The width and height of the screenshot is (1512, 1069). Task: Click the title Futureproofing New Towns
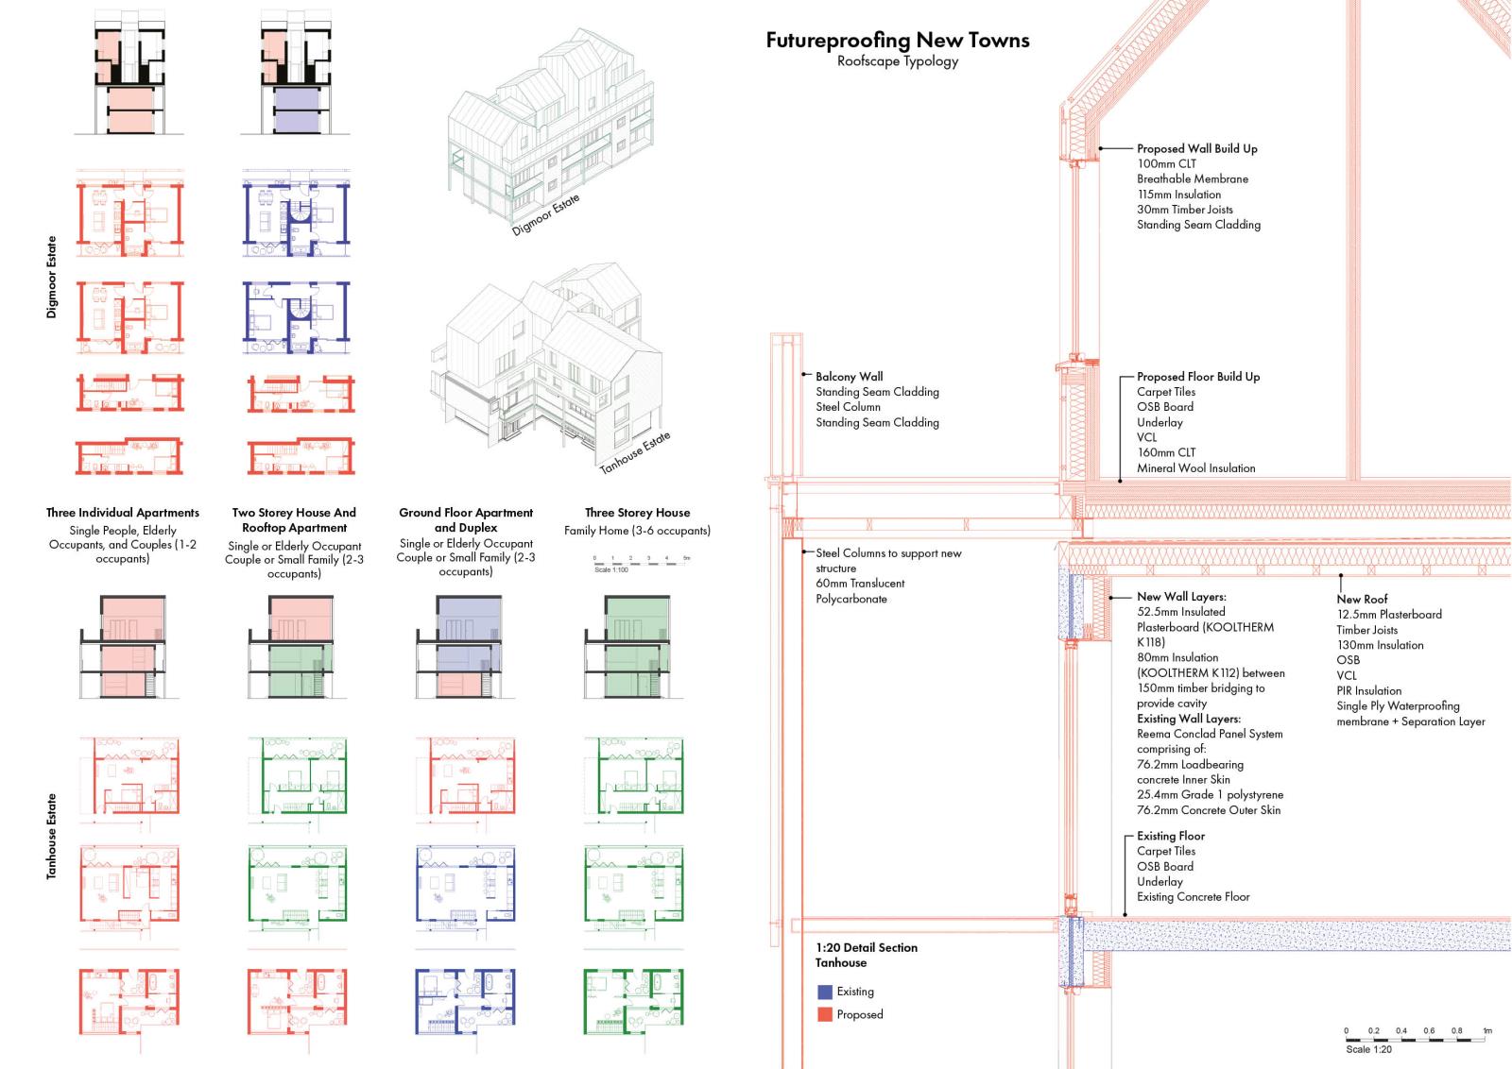click(x=897, y=40)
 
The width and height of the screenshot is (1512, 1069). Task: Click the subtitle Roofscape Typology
click(x=897, y=61)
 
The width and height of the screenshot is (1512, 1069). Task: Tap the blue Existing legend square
click(x=824, y=992)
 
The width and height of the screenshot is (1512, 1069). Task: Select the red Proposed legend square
click(x=824, y=1014)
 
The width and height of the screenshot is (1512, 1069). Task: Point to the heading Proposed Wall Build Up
click(x=1196, y=149)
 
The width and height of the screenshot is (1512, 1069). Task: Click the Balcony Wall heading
click(x=850, y=377)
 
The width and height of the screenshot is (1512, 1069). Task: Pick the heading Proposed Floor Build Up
click(x=1198, y=377)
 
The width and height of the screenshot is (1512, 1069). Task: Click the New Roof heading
click(x=1362, y=599)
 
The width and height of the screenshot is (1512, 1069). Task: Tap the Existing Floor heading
click(x=1171, y=836)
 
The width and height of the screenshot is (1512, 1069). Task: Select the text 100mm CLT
click(x=1166, y=164)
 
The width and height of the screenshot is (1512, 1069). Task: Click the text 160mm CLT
click(x=1166, y=452)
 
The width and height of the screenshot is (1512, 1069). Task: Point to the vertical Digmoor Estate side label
click(x=52, y=277)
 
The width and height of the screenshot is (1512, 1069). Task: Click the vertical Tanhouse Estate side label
click(x=52, y=837)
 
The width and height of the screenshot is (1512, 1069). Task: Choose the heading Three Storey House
click(x=637, y=513)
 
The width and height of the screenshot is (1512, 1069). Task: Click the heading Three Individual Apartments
click(x=122, y=513)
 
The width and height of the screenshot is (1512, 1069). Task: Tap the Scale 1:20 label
click(x=1368, y=1049)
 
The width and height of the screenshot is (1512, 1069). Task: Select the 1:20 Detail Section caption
click(x=866, y=947)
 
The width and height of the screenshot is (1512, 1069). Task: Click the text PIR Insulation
click(x=1369, y=690)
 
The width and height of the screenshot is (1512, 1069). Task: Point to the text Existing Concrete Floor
click(x=1193, y=897)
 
